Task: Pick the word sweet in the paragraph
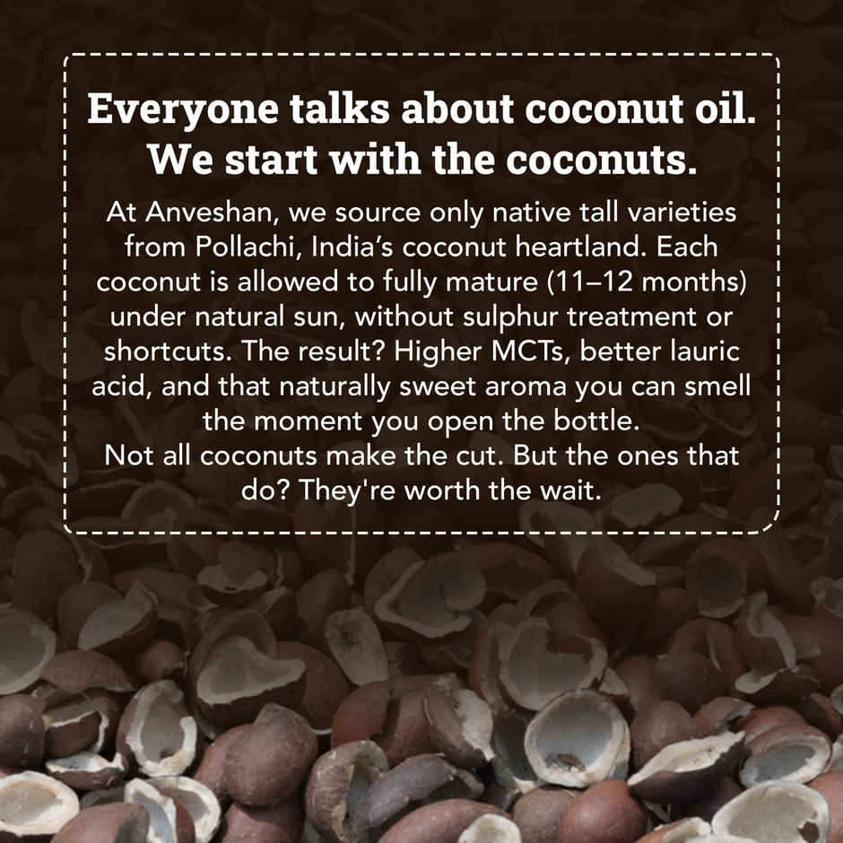point(447,385)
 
